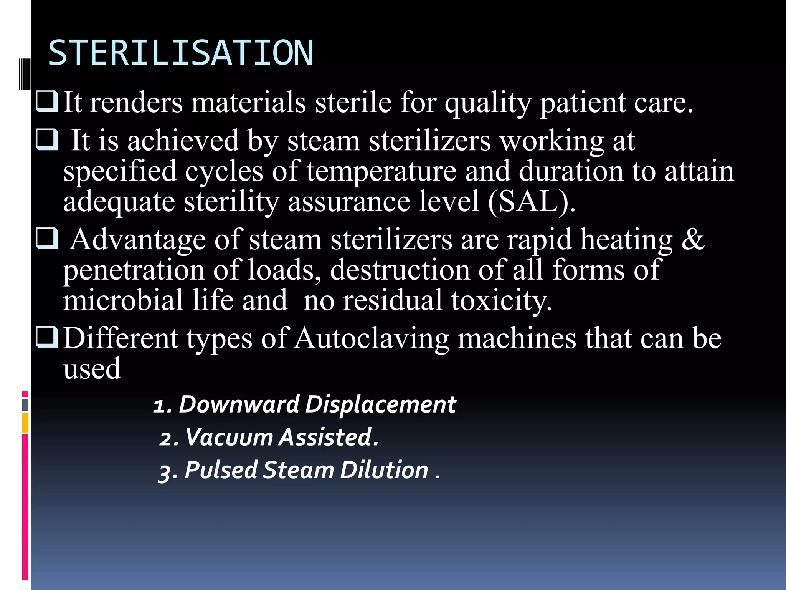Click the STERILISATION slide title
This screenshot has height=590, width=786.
tap(180, 53)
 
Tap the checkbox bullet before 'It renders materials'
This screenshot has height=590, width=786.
tap(46, 101)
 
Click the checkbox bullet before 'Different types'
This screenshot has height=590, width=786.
tap(46, 337)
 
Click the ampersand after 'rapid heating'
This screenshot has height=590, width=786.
tap(692, 239)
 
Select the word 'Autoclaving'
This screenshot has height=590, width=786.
tap(372, 339)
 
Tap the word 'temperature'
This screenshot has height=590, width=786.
tap(381, 171)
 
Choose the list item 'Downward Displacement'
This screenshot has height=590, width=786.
tap(304, 404)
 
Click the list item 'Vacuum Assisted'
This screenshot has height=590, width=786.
tap(269, 437)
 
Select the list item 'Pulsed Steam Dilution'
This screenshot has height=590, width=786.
tap(294, 470)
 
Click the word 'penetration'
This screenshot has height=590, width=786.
tap(134, 270)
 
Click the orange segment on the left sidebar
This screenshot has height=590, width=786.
tap(25, 423)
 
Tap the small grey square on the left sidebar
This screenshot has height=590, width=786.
tap(25, 404)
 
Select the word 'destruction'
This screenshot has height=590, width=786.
tap(400, 270)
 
